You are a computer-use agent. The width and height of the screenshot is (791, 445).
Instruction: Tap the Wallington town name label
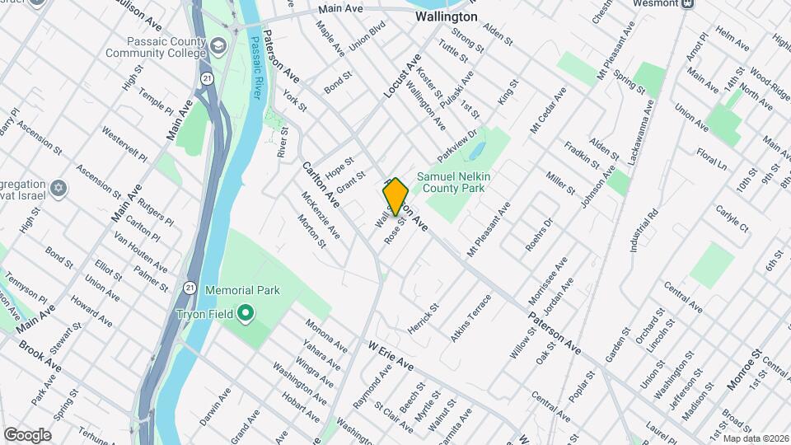point(446,16)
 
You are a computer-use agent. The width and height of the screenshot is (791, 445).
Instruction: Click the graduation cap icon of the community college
point(218,44)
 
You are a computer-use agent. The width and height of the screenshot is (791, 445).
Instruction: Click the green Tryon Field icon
point(246,313)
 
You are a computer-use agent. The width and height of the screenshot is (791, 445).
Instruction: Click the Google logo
point(27,434)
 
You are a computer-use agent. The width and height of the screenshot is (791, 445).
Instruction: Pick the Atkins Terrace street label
point(470,318)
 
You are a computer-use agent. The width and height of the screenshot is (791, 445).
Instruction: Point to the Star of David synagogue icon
point(58,190)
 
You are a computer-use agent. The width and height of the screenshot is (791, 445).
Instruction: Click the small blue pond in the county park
point(475,152)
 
